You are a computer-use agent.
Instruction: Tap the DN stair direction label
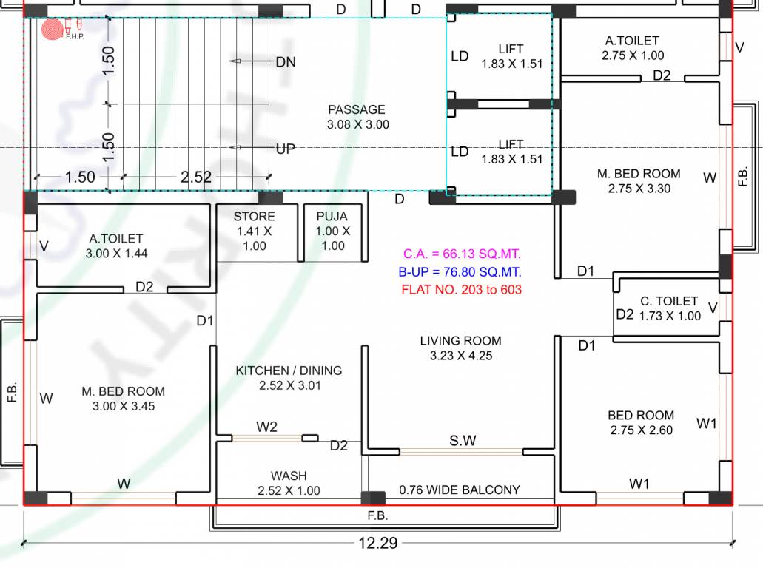click(x=286, y=62)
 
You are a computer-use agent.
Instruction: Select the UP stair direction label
click(x=286, y=149)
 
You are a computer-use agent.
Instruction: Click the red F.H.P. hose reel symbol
click(x=53, y=29)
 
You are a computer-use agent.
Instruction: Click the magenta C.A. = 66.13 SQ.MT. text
click(x=461, y=254)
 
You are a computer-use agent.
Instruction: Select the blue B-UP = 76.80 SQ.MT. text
click(x=460, y=271)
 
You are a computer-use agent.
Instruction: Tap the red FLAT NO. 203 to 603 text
click(x=461, y=290)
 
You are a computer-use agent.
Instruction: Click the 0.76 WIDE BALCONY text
click(x=460, y=490)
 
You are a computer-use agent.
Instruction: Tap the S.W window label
click(x=463, y=441)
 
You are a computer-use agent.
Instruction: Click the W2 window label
click(x=267, y=427)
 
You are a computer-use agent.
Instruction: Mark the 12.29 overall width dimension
click(x=378, y=544)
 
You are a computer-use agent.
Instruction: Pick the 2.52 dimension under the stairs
click(x=196, y=177)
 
